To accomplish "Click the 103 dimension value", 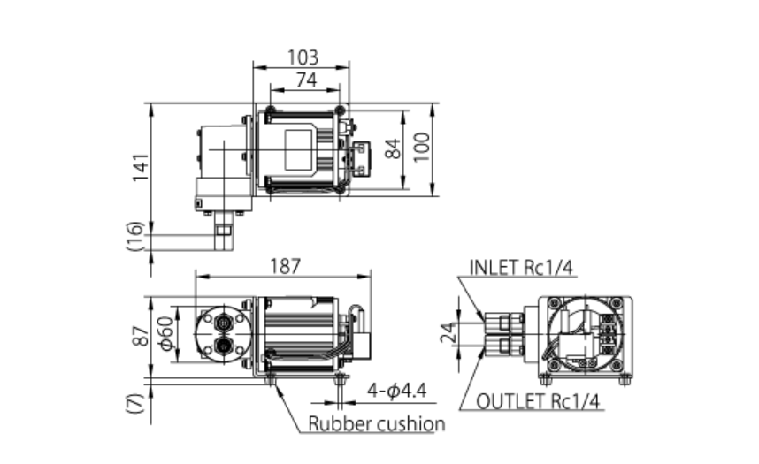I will pyautogui.click(x=303, y=57).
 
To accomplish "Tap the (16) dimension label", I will pyautogui.click(x=135, y=236).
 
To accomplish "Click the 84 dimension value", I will pyautogui.click(x=395, y=148).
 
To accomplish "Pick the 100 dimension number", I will pyautogui.click(x=421, y=148).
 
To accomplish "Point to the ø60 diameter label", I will pyautogui.click(x=165, y=332).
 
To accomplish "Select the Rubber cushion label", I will pyautogui.click(x=376, y=424).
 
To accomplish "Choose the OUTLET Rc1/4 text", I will pyautogui.click(x=539, y=402).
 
